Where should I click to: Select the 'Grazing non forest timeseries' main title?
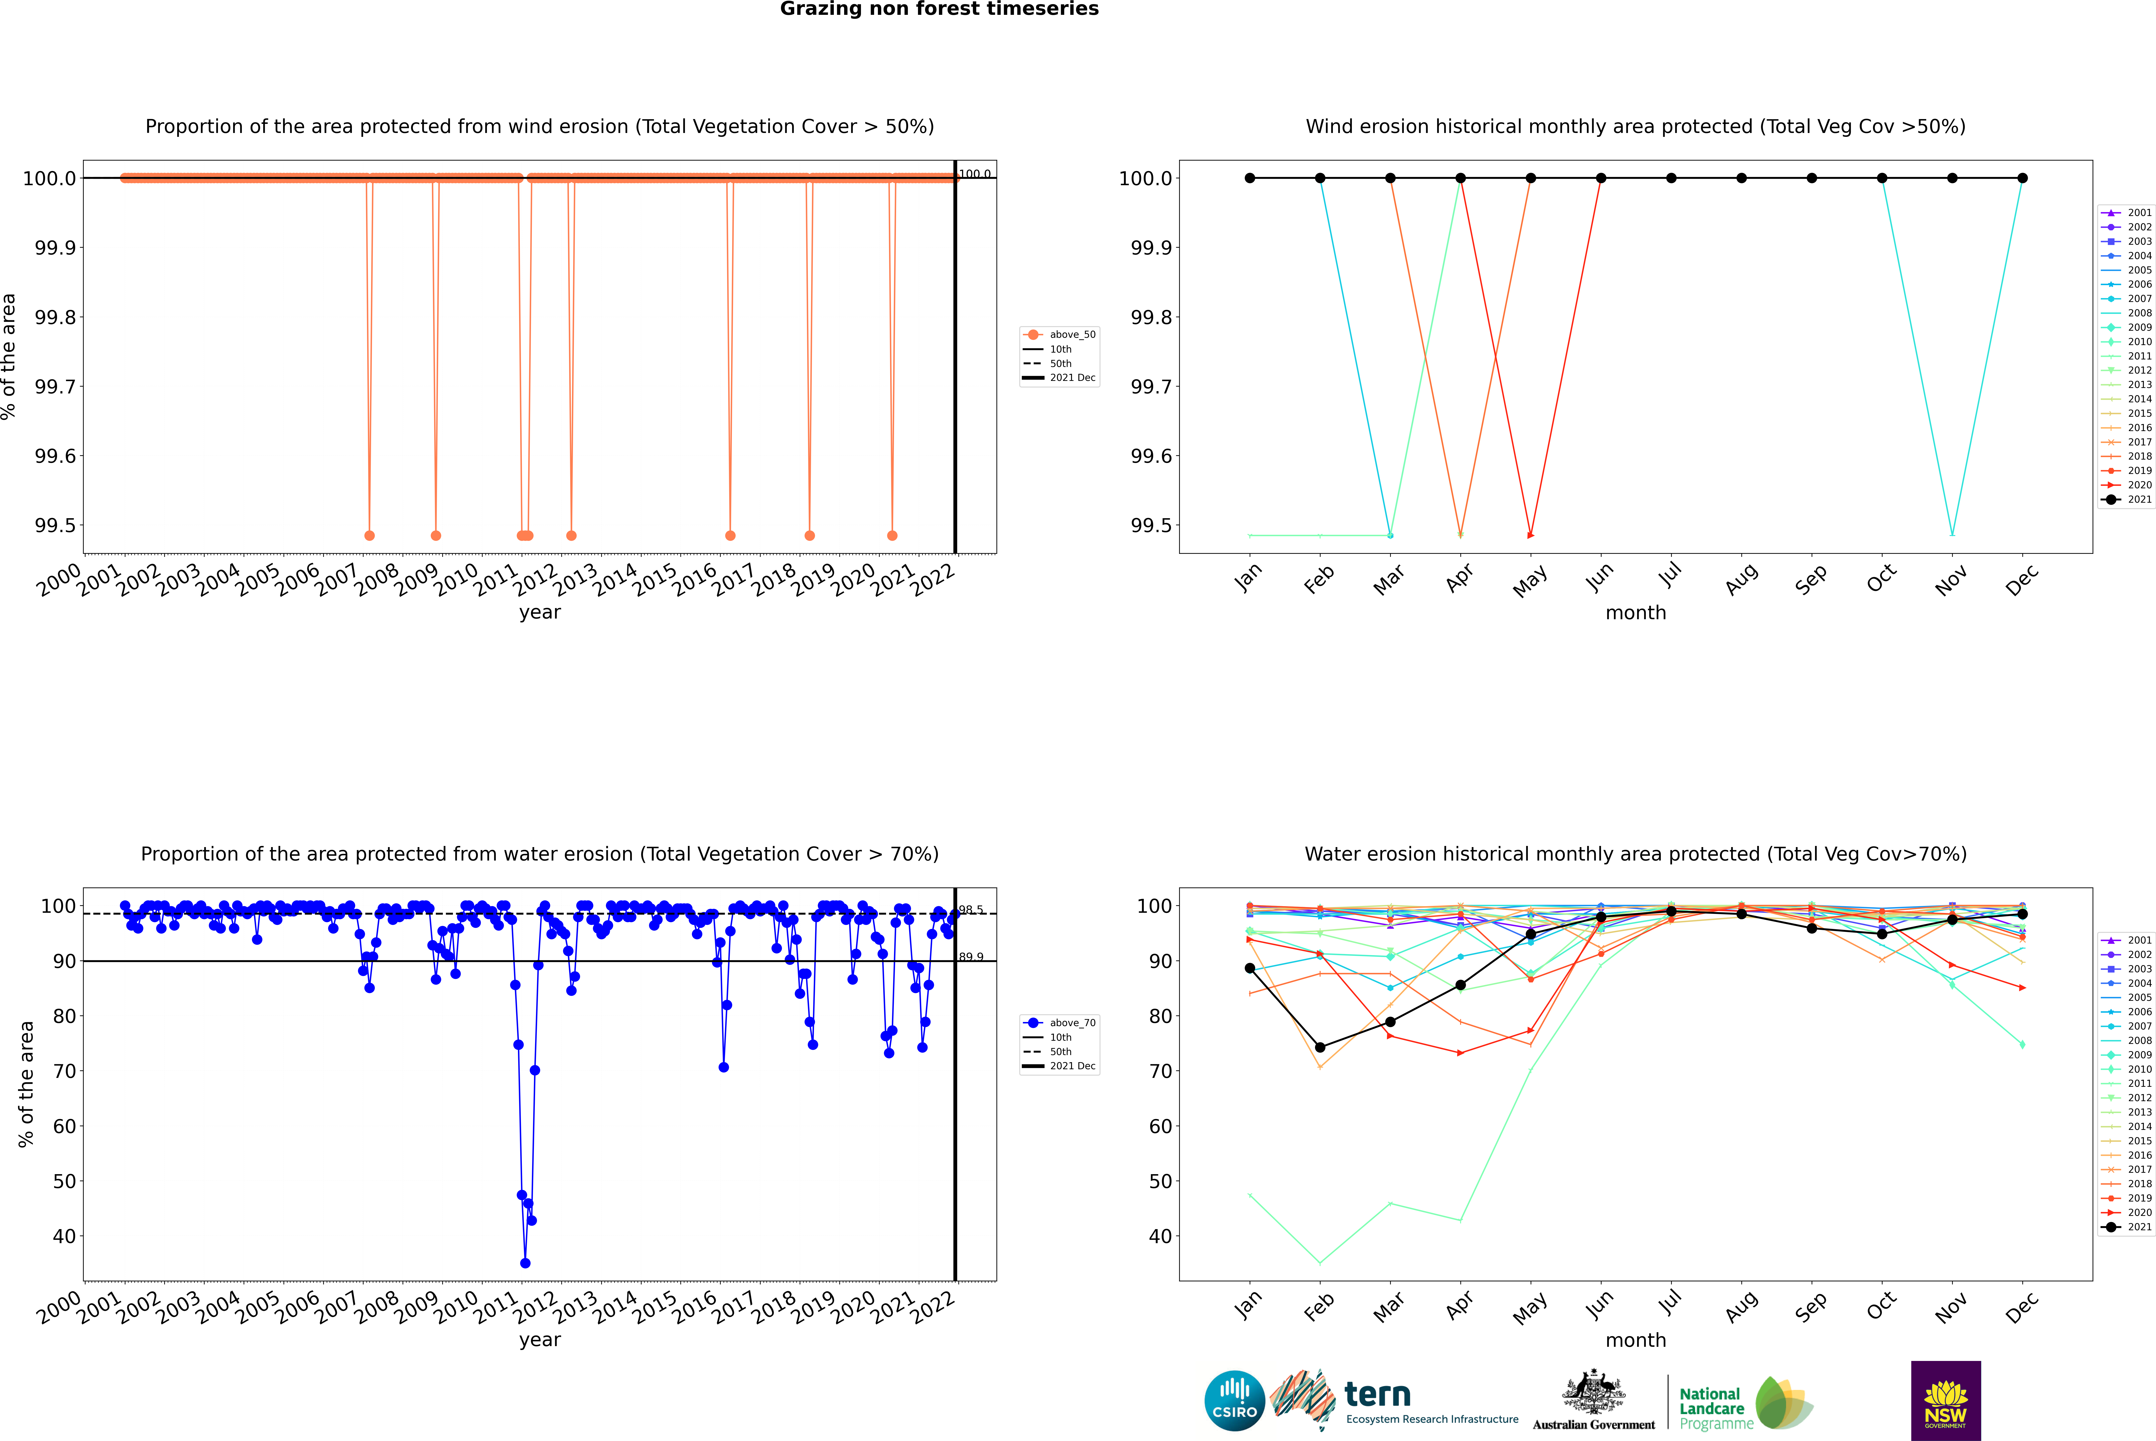(x=939, y=9)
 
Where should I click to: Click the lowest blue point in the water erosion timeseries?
(x=525, y=1263)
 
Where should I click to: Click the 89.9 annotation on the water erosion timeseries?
(x=971, y=957)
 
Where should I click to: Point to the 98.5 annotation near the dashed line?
(x=971, y=910)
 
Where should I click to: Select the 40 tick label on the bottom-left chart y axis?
(x=64, y=1236)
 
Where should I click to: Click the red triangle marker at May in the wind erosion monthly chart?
(x=1530, y=535)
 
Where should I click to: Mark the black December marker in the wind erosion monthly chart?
(x=2022, y=178)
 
